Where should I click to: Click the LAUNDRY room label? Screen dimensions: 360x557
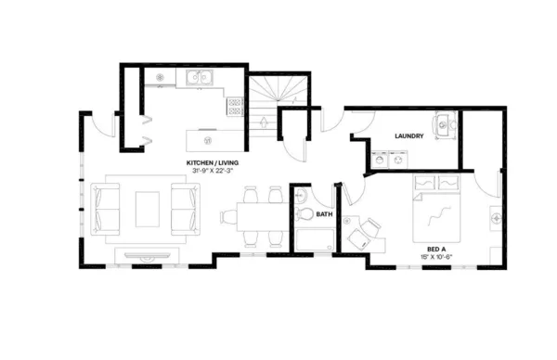[x=408, y=136]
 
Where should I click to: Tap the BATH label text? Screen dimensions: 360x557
[x=324, y=214]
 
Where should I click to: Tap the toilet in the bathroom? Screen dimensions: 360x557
[x=303, y=213]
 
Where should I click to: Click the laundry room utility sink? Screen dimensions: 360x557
[x=443, y=125]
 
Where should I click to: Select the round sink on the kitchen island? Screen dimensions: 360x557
[x=208, y=140]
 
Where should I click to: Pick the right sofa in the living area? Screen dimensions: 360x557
[x=185, y=208]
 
